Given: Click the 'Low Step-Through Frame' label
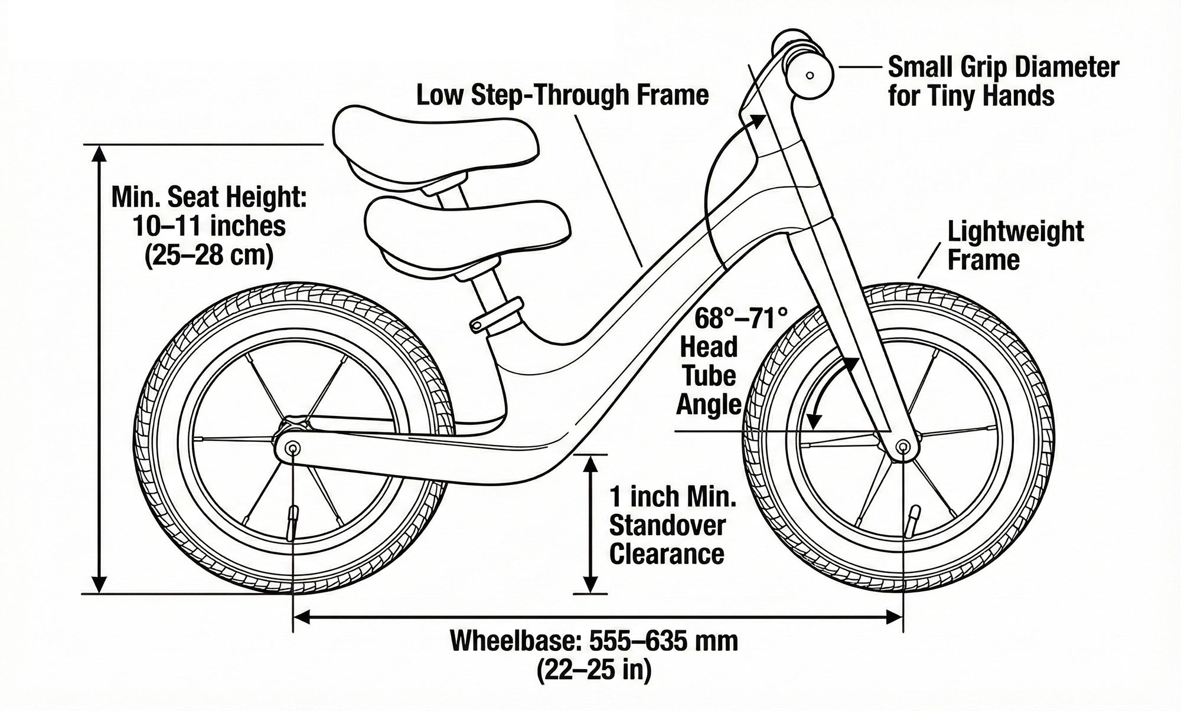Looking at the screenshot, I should pos(562,94).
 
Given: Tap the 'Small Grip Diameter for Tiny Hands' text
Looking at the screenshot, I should pos(1003,81).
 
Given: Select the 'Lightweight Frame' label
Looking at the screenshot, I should pos(1015,245).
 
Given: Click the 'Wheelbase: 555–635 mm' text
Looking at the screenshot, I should pos(593,641).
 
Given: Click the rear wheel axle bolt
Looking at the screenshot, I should pos(292,450).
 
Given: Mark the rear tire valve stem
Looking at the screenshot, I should pos(291,522).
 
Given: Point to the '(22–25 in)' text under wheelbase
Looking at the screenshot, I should pos(593,670).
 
